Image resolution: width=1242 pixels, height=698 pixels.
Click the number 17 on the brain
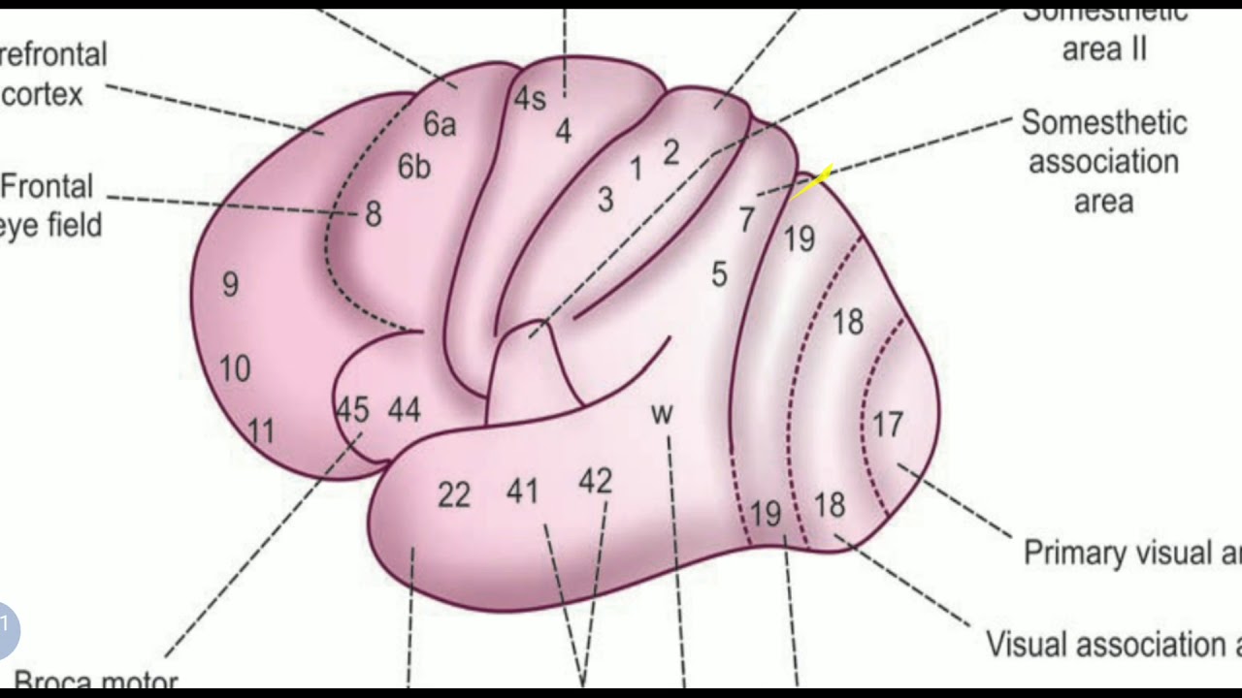[887, 425]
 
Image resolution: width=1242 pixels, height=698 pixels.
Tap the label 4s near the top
[530, 99]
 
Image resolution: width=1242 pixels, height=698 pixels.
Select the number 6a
[440, 124]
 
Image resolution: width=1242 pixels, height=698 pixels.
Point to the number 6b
[414, 167]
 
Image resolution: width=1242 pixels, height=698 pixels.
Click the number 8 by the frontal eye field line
[374, 214]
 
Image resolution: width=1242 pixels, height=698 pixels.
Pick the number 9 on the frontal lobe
[230, 284]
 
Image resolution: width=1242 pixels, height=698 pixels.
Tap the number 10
[235, 368]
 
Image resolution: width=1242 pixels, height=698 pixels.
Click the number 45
[352, 410]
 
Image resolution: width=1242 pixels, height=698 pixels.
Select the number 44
[404, 410]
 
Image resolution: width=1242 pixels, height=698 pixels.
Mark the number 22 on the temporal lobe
[453, 495]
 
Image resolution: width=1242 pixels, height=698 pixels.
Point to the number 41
[522, 492]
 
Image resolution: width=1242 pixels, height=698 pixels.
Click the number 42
[596, 481]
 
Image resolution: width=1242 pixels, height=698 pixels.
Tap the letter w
[662, 414]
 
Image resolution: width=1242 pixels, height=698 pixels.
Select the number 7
[746, 220]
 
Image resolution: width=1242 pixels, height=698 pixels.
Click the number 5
[719, 274]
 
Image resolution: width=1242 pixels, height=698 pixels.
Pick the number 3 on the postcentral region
[605, 201]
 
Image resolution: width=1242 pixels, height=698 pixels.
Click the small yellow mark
[812, 182]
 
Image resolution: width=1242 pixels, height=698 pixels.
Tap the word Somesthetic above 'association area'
[1104, 123]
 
